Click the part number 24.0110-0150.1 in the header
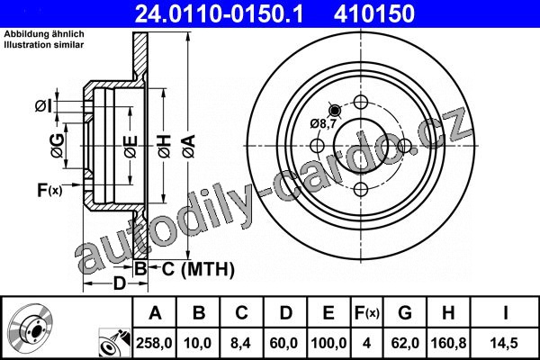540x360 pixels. click(x=219, y=14)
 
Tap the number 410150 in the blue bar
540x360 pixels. click(x=374, y=14)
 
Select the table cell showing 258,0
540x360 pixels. click(x=154, y=343)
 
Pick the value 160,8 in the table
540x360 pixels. click(x=449, y=343)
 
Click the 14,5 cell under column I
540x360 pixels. click(x=505, y=343)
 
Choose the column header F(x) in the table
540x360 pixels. click(x=367, y=313)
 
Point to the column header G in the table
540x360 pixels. click(x=405, y=313)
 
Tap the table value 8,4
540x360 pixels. click(x=241, y=343)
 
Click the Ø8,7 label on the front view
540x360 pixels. click(x=323, y=123)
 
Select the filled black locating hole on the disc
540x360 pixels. click(x=335, y=110)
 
